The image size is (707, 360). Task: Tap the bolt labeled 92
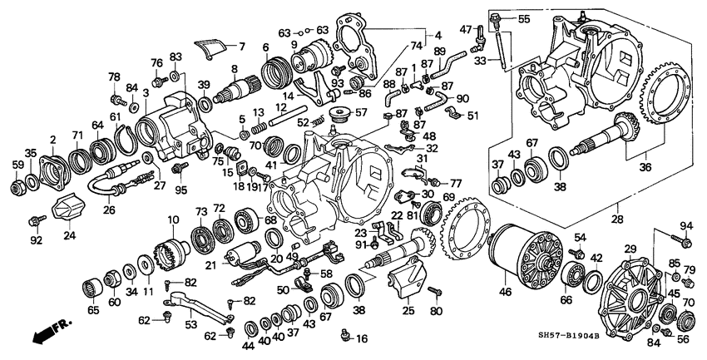click(x=34, y=220)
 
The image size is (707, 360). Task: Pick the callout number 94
click(x=685, y=225)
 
